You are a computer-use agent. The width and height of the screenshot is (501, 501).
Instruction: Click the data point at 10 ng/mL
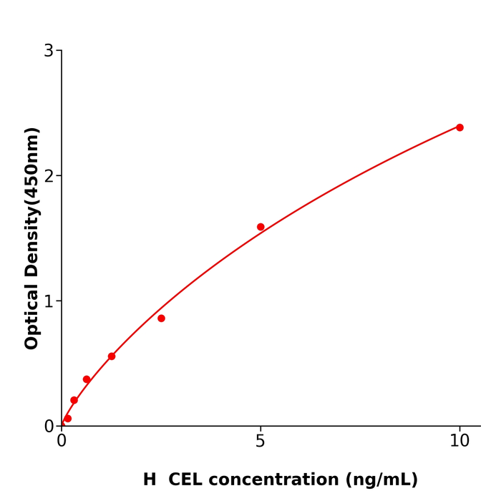459,127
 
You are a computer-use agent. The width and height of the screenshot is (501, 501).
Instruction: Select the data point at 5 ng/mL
261,227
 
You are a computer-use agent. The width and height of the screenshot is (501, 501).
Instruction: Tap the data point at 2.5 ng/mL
161,318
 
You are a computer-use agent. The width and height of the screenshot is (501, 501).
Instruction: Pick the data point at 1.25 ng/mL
112,356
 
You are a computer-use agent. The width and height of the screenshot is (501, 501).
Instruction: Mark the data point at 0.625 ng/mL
87,379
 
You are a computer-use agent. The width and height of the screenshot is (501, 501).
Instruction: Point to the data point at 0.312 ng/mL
74,400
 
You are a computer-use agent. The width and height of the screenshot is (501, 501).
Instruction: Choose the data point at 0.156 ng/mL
68,419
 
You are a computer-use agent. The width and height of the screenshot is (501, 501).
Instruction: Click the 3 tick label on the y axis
49,51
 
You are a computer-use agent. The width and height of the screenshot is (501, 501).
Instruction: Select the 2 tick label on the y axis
49,176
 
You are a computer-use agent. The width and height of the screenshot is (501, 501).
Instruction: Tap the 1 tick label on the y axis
49,301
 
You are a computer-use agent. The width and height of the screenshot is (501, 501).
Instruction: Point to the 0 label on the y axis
49,427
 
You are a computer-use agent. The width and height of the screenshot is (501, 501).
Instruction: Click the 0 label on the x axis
62,442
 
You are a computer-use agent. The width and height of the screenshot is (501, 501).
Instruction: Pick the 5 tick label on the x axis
261,442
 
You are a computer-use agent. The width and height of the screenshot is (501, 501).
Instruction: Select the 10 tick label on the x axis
459,442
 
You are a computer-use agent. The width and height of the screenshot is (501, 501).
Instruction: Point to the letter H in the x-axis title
150,480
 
